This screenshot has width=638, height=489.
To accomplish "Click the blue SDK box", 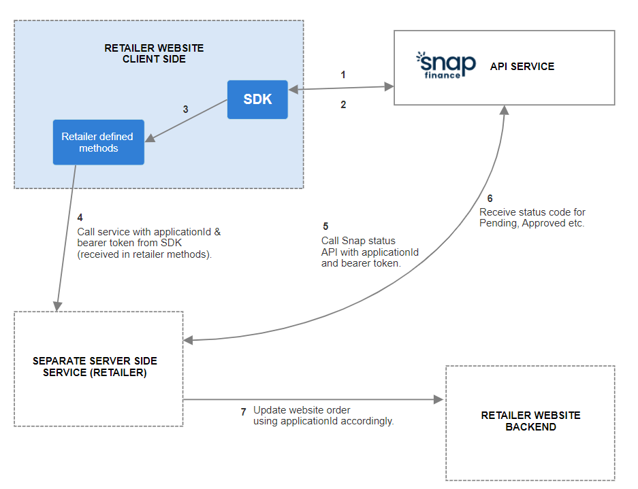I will [257, 99].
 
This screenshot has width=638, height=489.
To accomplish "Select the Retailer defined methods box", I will [98, 142].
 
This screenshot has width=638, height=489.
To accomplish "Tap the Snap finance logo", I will [446, 67].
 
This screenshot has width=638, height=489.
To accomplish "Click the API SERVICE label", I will [522, 67].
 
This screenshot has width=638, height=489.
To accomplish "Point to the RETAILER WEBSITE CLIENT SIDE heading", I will [154, 54].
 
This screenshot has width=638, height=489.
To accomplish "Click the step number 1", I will [343, 75].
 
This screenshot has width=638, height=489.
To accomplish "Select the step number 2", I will [343, 105].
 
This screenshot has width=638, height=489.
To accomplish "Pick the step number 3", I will [185, 109].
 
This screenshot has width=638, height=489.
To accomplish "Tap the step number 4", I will [80, 218].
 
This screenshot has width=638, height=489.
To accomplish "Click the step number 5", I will [325, 226].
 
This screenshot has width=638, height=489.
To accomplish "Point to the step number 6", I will [490, 199].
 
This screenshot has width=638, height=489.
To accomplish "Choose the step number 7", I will [243, 411].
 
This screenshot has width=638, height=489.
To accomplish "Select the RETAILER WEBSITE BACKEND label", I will [530, 421].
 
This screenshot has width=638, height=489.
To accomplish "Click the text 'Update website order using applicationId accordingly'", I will [323, 416].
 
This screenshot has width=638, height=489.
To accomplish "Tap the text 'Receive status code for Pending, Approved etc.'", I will [532, 218].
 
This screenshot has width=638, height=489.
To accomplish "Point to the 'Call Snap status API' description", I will [370, 252].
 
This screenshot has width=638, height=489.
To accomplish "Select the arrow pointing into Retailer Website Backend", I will [313, 400].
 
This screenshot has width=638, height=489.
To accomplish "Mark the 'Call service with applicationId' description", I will [149, 243].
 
